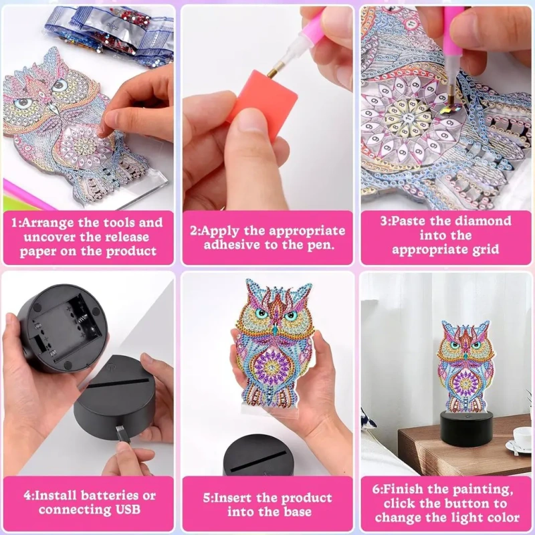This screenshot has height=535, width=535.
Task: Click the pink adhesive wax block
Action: coord(262,102)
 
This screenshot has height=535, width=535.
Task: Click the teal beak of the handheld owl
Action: coord(274,329)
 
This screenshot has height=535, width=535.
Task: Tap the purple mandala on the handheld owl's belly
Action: coord(272,368)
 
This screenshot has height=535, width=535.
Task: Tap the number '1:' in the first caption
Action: coord(16,223)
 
